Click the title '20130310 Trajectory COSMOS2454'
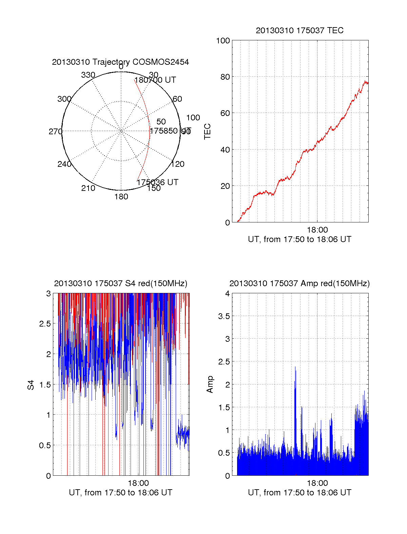tap(120, 62)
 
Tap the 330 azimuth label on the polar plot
tap(88, 75)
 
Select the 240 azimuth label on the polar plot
tap(64, 164)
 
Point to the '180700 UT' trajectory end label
tap(155, 80)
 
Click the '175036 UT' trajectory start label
tap(157, 182)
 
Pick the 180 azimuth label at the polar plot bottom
tap(121, 197)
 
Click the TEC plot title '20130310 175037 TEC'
tap(299, 31)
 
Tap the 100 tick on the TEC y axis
tap(223, 41)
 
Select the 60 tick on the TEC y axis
tap(225, 113)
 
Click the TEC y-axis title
tap(207, 131)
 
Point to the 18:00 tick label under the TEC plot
tap(317, 230)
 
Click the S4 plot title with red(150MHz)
tap(120, 283)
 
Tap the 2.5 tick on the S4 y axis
tap(45, 324)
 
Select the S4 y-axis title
tap(31, 385)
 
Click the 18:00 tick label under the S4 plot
tap(138, 483)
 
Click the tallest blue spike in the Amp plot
tap(295, 368)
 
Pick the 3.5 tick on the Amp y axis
tap(224, 316)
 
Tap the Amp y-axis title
tap(210, 384)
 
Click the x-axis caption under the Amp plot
tap(299, 493)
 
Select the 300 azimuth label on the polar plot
tap(64, 99)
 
